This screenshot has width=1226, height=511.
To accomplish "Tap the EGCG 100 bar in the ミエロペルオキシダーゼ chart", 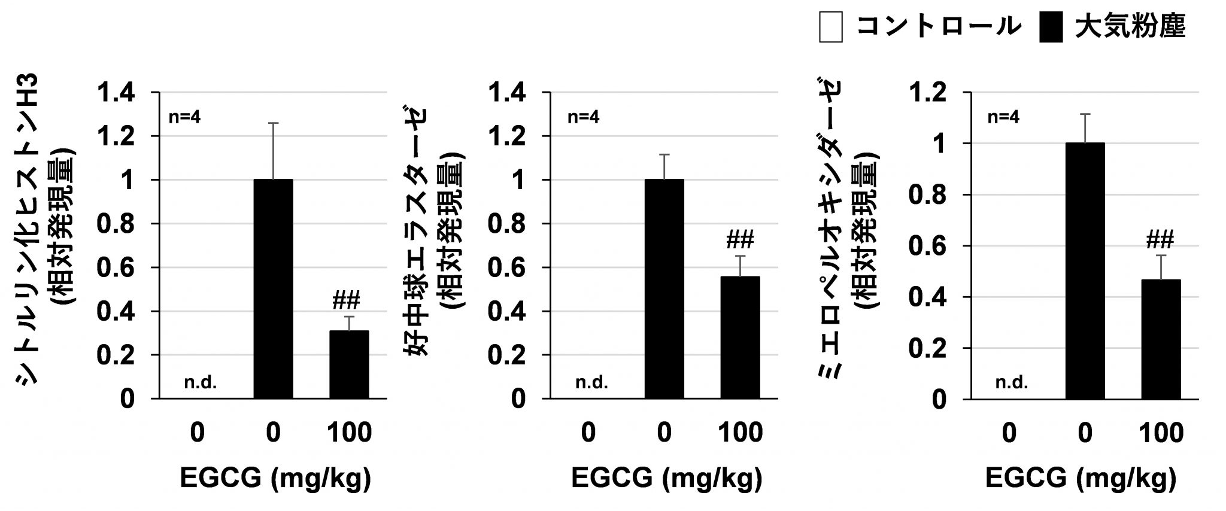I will click(x=1161, y=339).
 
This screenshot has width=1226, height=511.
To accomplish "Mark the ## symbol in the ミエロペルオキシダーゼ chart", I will click(x=1160, y=240).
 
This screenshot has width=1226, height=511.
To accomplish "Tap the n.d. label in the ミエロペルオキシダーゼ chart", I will click(x=1012, y=382).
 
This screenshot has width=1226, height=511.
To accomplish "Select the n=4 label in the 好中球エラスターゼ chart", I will click(x=584, y=117).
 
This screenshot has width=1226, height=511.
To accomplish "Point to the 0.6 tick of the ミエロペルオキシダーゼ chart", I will click(x=927, y=246).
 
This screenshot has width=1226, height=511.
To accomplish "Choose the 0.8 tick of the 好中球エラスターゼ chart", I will click(x=508, y=224).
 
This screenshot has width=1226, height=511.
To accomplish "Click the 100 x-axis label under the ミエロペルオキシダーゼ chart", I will click(x=1161, y=433).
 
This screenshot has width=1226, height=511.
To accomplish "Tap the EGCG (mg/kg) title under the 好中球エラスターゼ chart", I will click(x=666, y=478).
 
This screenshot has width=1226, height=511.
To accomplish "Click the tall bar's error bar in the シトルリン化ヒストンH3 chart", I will click(x=273, y=150).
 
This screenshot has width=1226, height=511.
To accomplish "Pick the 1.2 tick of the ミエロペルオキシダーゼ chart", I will click(x=927, y=93).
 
